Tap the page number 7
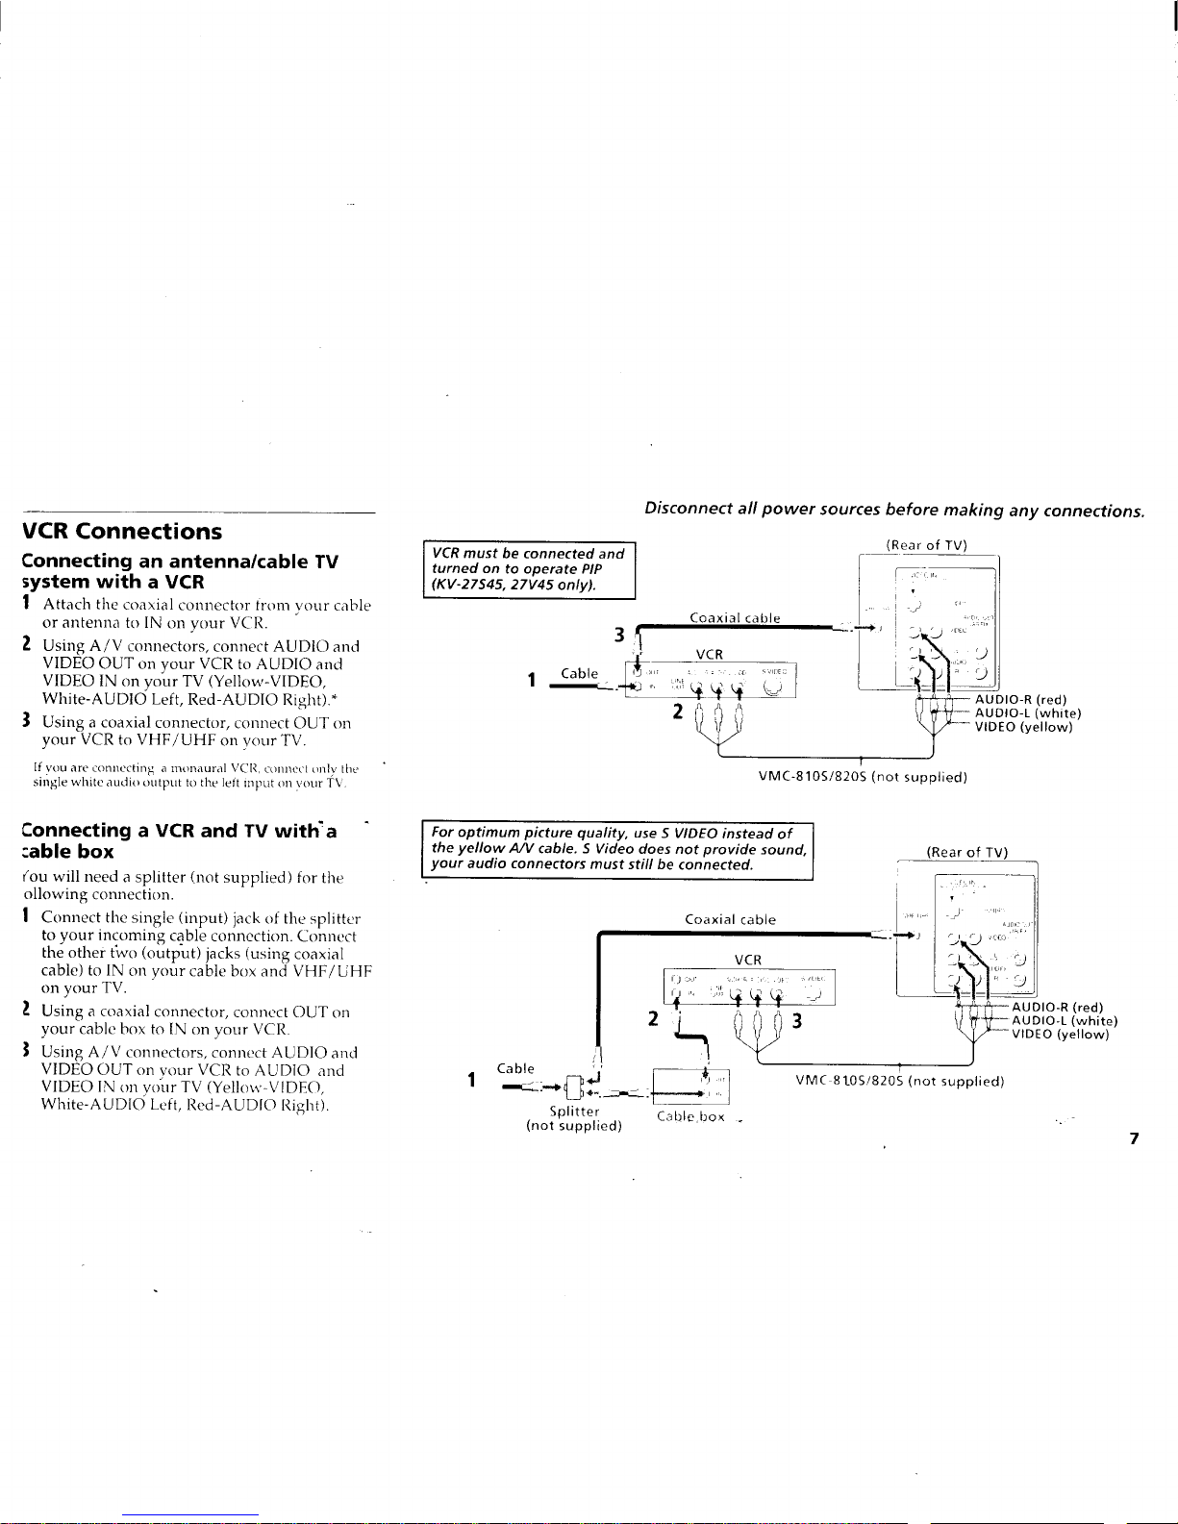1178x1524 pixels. click(x=1134, y=1139)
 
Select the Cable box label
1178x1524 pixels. click(x=689, y=1117)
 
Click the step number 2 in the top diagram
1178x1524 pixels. click(x=677, y=362)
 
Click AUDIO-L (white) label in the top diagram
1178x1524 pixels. click(x=1028, y=362)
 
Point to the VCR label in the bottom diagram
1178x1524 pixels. click(x=747, y=960)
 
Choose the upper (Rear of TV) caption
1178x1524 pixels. click(x=925, y=545)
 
